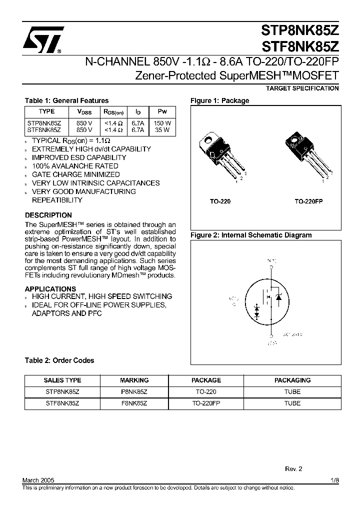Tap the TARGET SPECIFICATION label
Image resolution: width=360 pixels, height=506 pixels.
(x=302, y=88)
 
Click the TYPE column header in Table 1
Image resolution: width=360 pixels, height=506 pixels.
(x=46, y=112)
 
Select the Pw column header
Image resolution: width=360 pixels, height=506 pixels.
(x=162, y=112)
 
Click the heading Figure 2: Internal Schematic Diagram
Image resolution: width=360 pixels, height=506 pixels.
(x=251, y=235)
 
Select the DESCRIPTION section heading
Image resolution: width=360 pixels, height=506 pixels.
(x=48, y=215)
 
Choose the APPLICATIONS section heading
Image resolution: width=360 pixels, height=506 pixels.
(x=50, y=288)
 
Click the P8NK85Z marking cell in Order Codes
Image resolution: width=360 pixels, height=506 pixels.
(x=134, y=392)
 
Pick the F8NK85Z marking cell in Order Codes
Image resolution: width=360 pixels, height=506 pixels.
(x=134, y=403)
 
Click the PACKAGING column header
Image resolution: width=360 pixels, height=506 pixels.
(x=292, y=380)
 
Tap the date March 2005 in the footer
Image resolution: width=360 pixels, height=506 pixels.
(x=38, y=479)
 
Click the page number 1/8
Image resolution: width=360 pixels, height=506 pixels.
(x=334, y=479)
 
